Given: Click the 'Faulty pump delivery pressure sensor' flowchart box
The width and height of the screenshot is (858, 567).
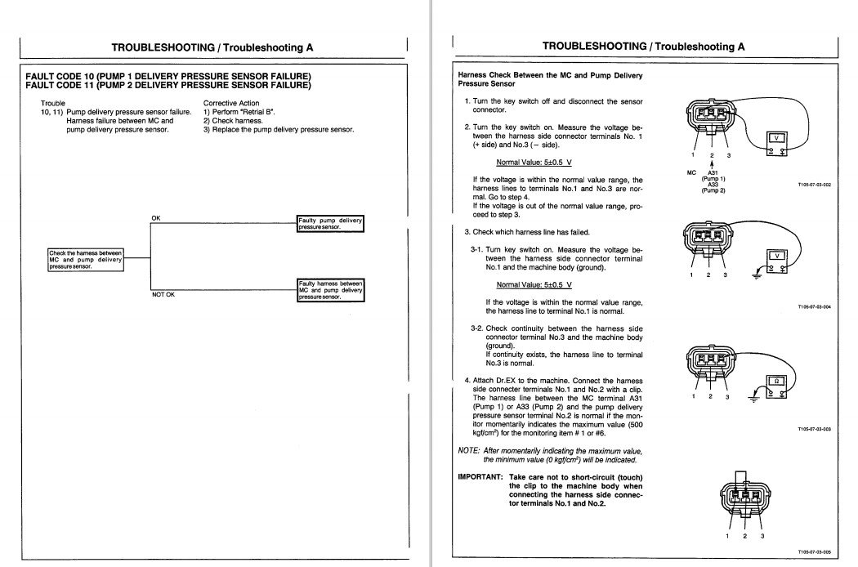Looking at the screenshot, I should pos(330,224).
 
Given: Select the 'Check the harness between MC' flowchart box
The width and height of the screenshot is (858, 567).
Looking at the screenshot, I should pos(86,259).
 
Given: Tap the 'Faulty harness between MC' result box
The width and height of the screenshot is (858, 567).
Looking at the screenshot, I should pos(330,289).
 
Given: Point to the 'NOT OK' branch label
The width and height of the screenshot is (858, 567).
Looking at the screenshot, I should pos(163,294).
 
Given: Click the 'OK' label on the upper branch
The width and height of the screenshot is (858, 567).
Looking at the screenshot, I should pos(156,217).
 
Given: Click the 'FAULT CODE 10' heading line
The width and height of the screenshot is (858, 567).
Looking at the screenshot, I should pos(168,76).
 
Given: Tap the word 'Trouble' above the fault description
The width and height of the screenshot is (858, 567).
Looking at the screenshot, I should pos(53,103).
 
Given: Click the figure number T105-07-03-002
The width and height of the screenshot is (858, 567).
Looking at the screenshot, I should pos(814,185).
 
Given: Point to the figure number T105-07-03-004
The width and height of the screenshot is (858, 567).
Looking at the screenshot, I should pos(814,307).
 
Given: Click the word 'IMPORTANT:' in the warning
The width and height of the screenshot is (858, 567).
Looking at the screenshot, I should pos(480,476).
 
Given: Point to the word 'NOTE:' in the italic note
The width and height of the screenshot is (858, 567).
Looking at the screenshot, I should pos(469,451).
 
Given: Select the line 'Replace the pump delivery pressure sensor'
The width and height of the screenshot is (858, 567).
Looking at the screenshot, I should pos(278,129).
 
